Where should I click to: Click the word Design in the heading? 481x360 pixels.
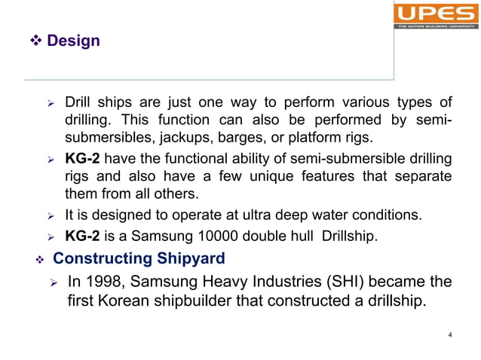73,41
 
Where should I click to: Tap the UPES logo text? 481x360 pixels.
434,12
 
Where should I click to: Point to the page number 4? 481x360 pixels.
449,335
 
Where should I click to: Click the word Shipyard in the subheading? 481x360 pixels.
191,260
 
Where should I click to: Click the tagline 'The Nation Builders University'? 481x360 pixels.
434,26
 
